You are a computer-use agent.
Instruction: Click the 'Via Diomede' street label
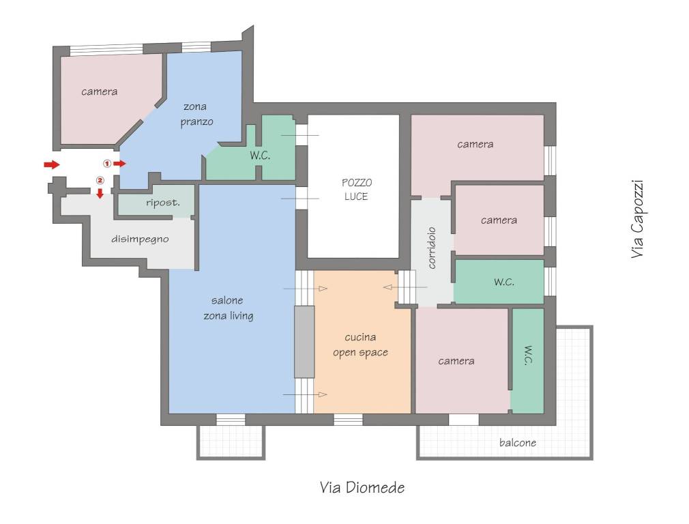[x=362, y=488]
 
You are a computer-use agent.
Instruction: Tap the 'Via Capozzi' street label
[x=637, y=219]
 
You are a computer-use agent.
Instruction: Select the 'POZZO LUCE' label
[x=356, y=190]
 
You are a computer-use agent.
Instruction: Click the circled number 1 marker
[x=107, y=164]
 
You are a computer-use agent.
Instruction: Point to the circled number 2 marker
[x=100, y=180]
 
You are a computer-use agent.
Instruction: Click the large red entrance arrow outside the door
[x=52, y=164]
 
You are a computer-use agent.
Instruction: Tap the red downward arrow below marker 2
[x=100, y=193]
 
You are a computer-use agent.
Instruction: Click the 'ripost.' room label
[x=163, y=203]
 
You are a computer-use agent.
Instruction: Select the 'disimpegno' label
[x=140, y=239]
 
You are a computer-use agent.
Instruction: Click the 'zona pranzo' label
[x=196, y=115]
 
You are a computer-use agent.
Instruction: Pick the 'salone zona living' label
[x=228, y=308]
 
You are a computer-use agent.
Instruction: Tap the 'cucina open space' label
[x=360, y=345]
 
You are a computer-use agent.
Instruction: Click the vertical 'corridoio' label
[x=432, y=248]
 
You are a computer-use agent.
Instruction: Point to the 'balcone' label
[x=518, y=443]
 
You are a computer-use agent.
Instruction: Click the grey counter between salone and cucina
[x=304, y=342]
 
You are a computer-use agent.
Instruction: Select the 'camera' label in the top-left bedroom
[x=100, y=91]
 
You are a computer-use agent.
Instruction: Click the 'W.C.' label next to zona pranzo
[x=260, y=155]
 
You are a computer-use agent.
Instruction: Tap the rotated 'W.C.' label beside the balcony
[x=529, y=355]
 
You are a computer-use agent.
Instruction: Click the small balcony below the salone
[x=231, y=442]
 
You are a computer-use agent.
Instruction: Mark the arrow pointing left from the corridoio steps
[x=405, y=287]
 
